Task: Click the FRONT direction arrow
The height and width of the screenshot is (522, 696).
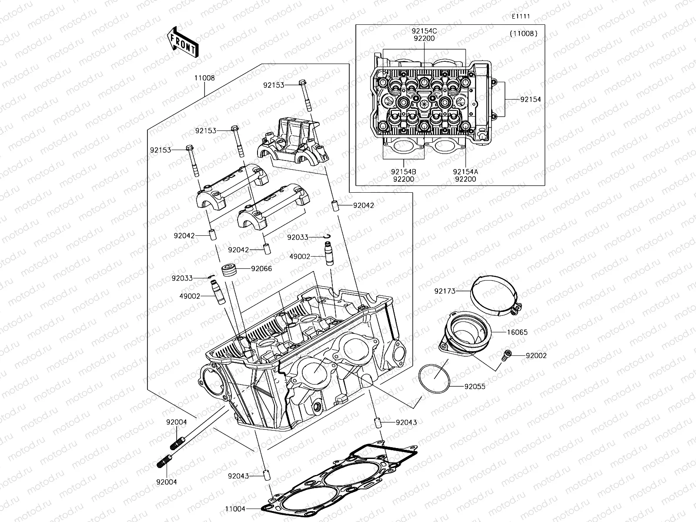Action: point(182,41)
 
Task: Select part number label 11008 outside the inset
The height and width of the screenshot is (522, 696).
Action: point(204,78)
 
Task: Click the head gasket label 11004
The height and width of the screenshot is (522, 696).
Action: point(235,509)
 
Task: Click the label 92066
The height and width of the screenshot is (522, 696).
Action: point(261,269)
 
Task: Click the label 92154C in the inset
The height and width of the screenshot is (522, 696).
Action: point(424,31)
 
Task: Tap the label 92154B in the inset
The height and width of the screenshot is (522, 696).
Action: point(403,172)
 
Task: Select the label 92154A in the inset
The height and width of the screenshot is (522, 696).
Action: point(465,172)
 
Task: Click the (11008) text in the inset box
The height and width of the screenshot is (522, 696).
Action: point(523,33)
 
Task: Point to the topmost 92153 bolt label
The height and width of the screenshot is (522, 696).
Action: point(274,85)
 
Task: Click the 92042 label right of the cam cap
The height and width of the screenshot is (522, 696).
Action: point(363,205)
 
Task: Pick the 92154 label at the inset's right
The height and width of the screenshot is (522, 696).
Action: point(531,100)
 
